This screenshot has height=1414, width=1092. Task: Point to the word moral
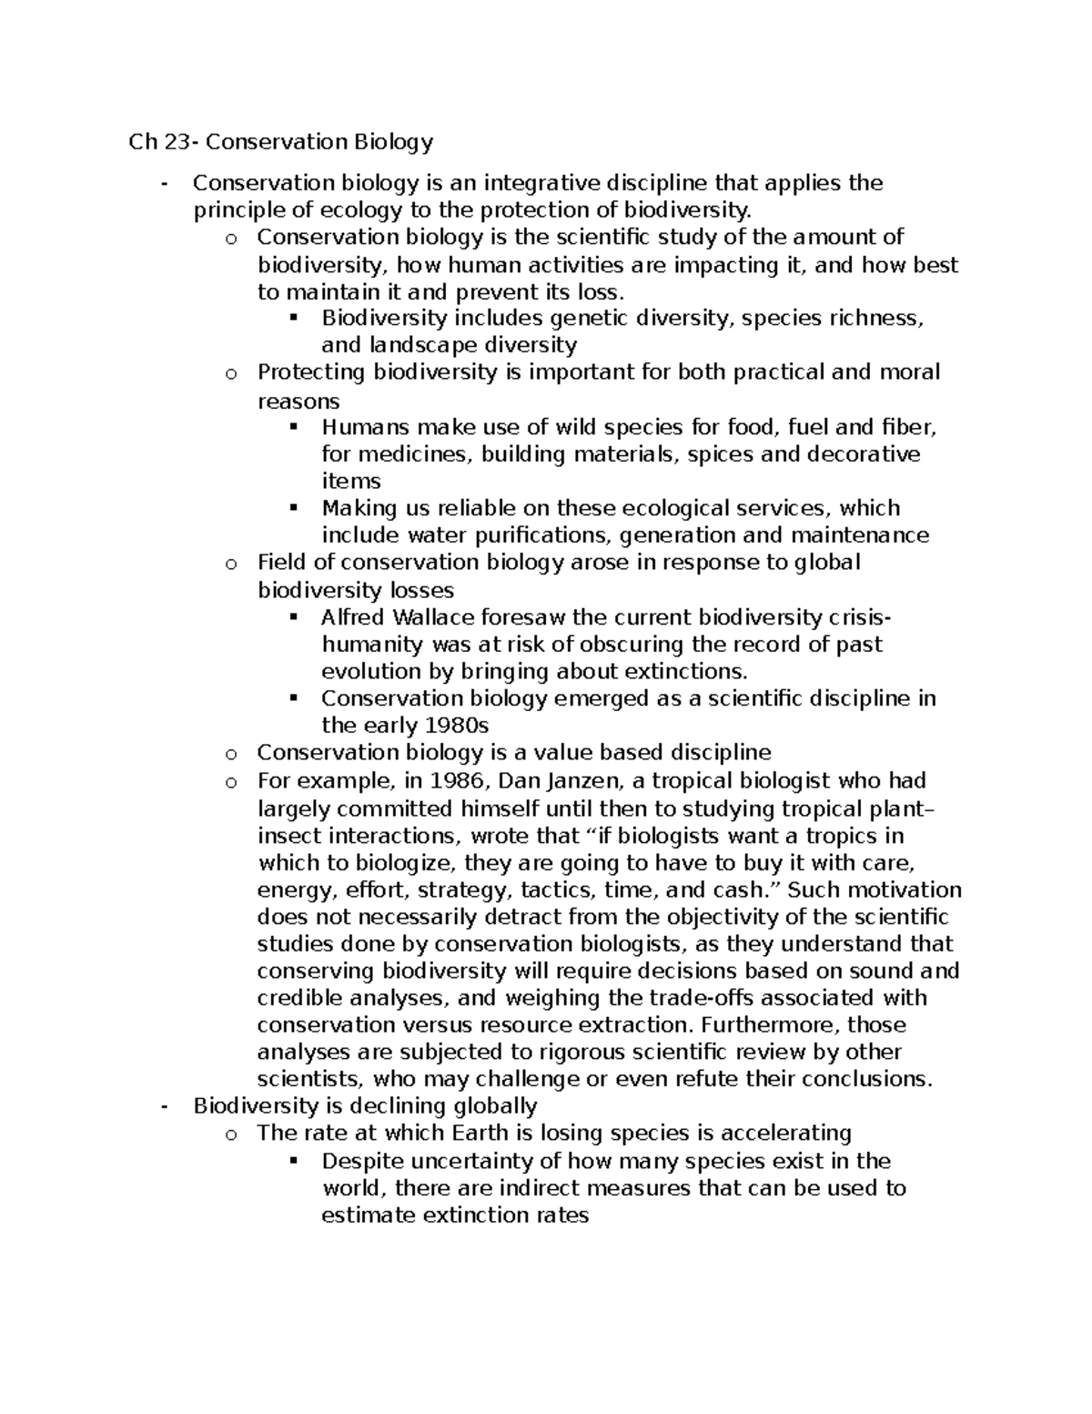[x=909, y=371]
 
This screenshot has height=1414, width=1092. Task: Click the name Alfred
[x=351, y=617]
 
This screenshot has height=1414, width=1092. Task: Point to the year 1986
[x=461, y=780]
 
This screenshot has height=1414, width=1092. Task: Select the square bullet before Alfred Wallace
[x=293, y=617]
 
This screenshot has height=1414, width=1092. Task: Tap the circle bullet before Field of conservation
[x=231, y=564]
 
